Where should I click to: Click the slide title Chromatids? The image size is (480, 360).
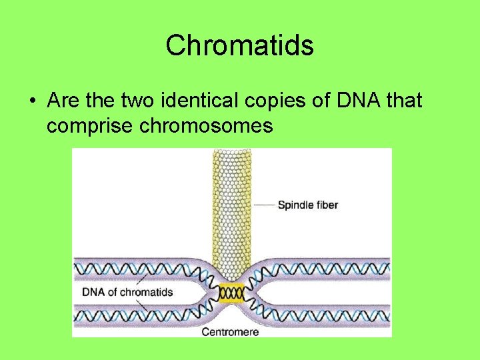(x=239, y=45)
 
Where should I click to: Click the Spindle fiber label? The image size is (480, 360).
(x=307, y=205)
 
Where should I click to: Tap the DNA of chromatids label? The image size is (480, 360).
(x=127, y=291)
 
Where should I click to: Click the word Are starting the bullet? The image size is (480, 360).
(x=64, y=101)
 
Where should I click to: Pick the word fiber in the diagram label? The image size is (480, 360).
(x=325, y=205)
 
